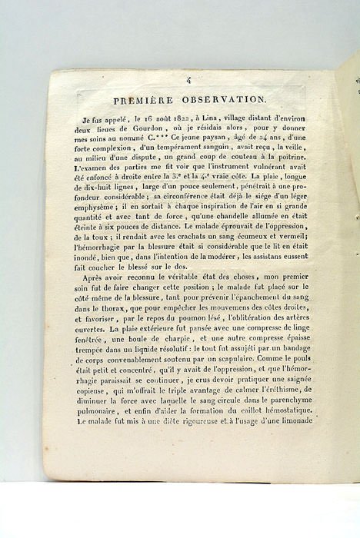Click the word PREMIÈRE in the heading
click(x=144, y=99)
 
